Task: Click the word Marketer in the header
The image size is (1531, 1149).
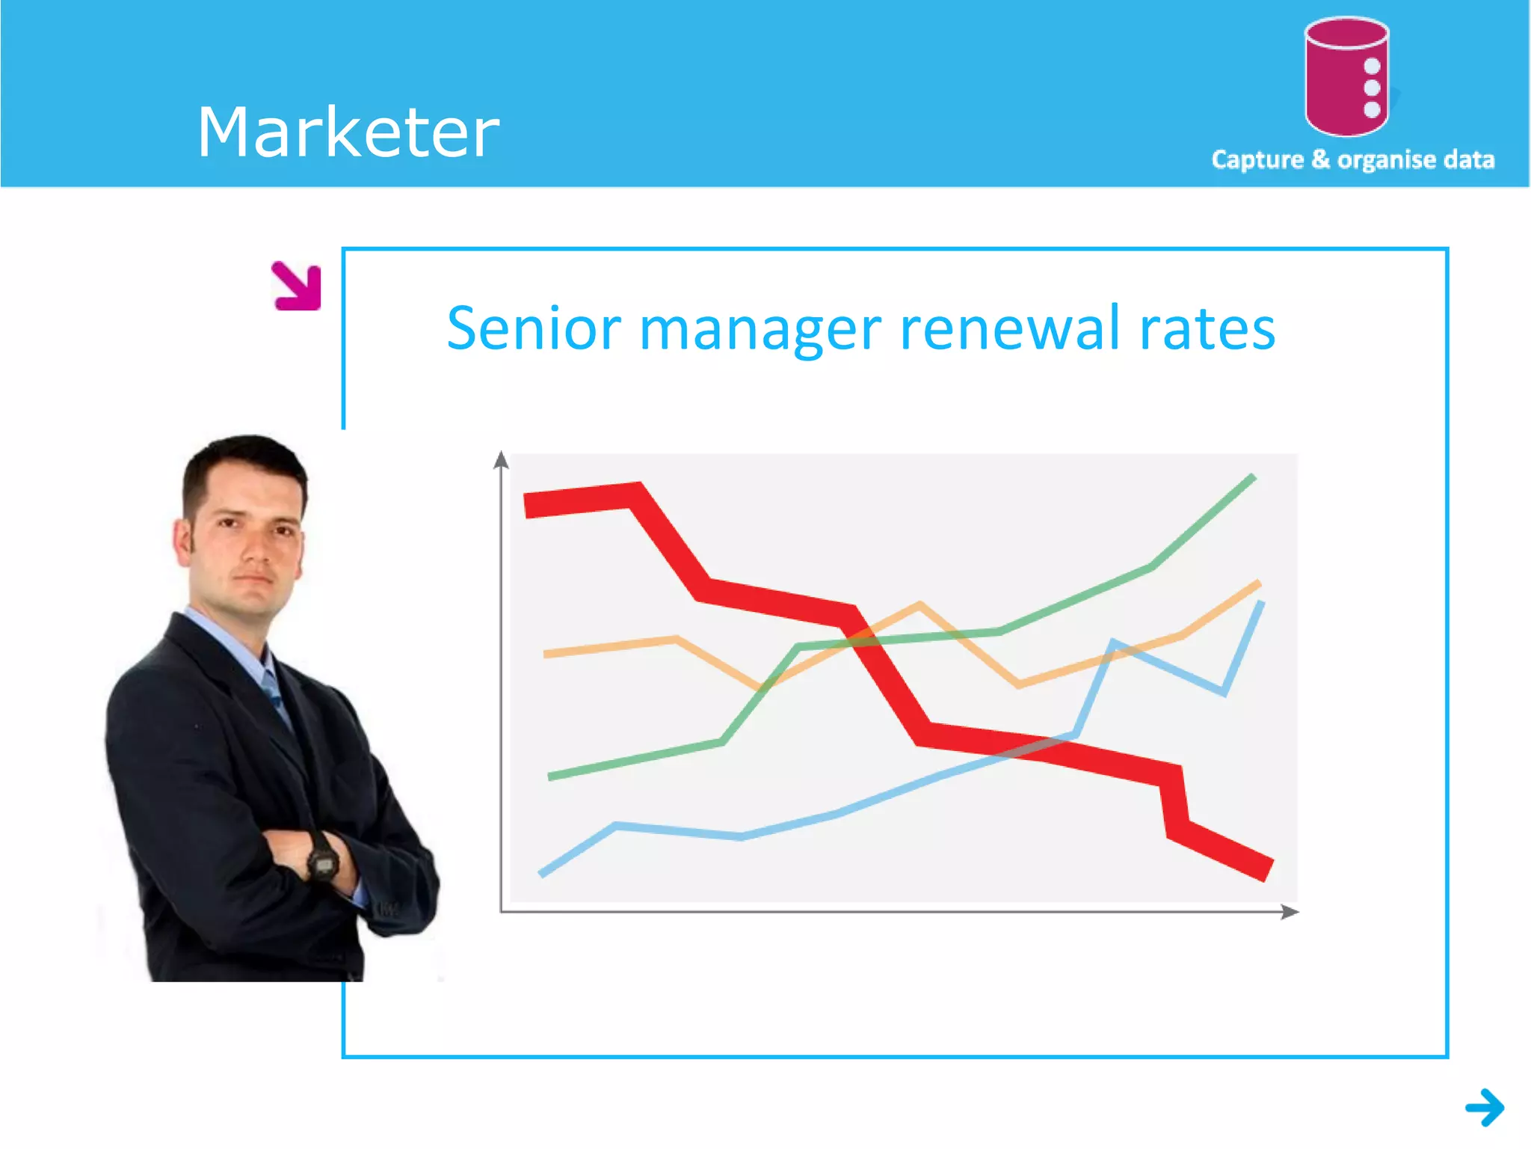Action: pos(348,132)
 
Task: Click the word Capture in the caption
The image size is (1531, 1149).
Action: pos(1257,160)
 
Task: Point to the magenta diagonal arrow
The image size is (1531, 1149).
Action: pos(298,286)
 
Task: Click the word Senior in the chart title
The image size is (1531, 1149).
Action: pos(534,328)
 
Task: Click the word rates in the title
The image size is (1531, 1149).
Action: pos(1207,330)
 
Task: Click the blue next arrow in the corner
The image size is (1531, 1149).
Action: pos(1485,1107)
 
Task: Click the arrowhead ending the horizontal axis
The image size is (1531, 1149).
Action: pos(1290,911)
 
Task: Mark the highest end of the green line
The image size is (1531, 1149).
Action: pos(1253,477)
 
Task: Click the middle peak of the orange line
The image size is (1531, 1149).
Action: pos(919,604)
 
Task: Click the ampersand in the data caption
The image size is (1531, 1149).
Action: pos(1320,159)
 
